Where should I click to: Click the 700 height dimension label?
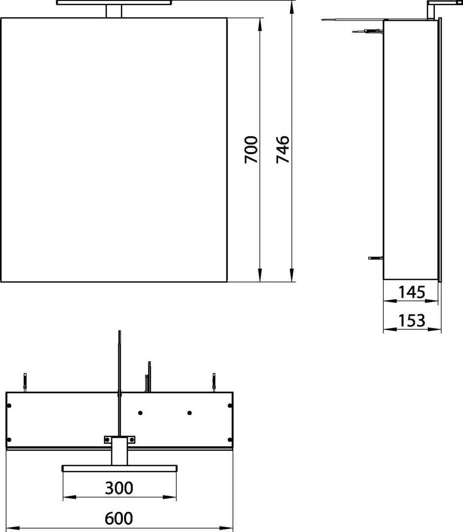point(251,150)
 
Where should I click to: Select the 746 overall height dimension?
point(283,150)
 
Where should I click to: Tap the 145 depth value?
point(411,293)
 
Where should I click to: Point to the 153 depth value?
point(411,321)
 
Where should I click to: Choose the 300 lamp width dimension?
point(119,488)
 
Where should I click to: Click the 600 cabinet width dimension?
point(119,518)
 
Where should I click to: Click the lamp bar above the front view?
point(114,2)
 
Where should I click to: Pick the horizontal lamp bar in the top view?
point(119,468)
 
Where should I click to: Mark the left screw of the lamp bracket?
point(107,439)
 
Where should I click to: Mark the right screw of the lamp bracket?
point(131,439)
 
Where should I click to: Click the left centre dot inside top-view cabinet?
point(141,412)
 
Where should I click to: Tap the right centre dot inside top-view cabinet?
point(190,412)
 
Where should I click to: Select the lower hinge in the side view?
point(375,257)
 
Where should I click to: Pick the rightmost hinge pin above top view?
point(214,382)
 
